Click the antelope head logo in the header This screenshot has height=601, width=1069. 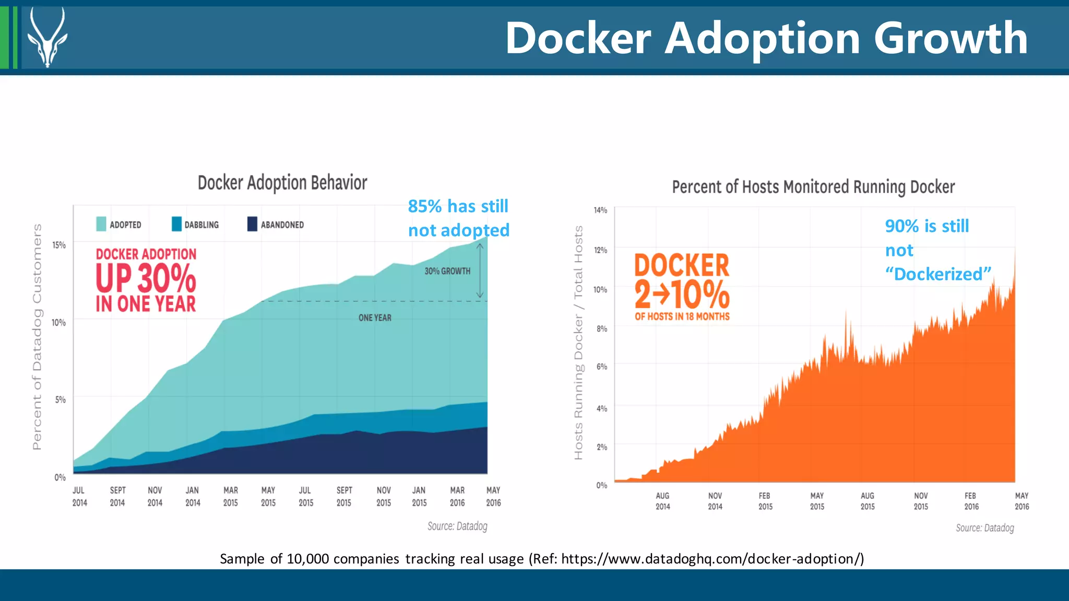[x=47, y=38]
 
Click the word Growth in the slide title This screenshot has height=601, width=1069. [x=950, y=38]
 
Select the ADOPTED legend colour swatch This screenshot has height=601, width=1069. [x=101, y=224]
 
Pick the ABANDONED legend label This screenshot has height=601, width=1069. [x=282, y=225]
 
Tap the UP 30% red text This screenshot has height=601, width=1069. [x=146, y=279]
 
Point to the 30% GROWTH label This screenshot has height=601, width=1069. [x=447, y=271]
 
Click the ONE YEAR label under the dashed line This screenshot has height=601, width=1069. [x=375, y=317]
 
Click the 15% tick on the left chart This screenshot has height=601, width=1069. [x=59, y=245]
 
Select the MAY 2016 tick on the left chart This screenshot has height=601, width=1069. [x=493, y=497]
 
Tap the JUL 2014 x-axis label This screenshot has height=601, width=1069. [x=79, y=497]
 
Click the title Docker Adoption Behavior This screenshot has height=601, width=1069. [x=282, y=183]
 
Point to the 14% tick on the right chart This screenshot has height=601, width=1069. [x=600, y=210]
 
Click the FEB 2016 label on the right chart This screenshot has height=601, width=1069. [x=971, y=501]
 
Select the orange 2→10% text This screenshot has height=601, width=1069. [x=682, y=294]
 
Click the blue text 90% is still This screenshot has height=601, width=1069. [x=927, y=226]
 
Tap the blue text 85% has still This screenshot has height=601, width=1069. [x=458, y=206]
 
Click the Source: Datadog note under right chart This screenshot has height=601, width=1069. [x=984, y=528]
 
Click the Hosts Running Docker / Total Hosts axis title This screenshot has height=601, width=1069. [x=578, y=343]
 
